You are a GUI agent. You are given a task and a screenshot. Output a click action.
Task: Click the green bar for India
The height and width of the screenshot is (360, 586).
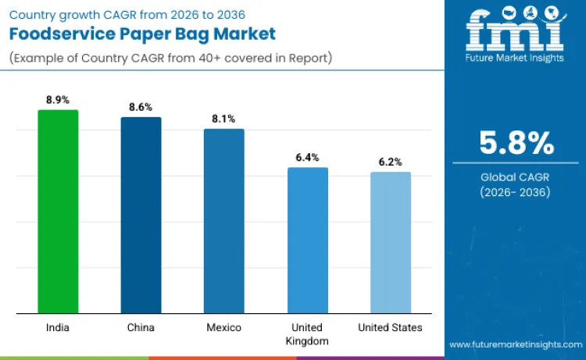pyautogui.click(x=58, y=212)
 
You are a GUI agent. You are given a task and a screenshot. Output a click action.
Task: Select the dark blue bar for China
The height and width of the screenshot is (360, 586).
pyautogui.click(x=141, y=216)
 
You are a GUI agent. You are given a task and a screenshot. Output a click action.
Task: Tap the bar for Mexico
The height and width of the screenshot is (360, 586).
pyautogui.click(x=223, y=221)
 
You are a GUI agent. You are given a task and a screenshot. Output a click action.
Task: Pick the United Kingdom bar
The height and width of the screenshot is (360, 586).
pyautogui.click(x=307, y=241)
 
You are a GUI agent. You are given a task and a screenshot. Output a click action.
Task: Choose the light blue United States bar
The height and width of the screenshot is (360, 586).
pyautogui.click(x=391, y=243)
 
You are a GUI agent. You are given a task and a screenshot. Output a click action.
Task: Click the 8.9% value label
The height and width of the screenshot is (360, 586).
pyautogui.click(x=58, y=100)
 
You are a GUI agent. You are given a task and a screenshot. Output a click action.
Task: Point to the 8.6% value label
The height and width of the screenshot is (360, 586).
pyautogui.click(x=141, y=107)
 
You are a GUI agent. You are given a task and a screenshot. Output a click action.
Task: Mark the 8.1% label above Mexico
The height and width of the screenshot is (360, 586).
pyautogui.click(x=223, y=119)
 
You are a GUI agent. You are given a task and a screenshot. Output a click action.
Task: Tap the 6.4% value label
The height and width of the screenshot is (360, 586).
pyautogui.click(x=307, y=157)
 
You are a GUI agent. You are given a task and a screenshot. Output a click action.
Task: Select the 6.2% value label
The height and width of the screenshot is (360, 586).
pyautogui.click(x=391, y=162)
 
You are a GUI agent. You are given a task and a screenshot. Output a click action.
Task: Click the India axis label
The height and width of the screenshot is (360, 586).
pyautogui.click(x=58, y=327)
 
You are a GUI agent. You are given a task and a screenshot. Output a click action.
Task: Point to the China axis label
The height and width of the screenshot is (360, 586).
pyautogui.click(x=141, y=327)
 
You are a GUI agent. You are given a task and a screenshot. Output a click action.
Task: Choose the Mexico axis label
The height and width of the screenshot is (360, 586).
pyautogui.click(x=223, y=327)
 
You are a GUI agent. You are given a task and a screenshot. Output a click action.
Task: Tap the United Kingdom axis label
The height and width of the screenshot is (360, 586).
pyautogui.click(x=307, y=333)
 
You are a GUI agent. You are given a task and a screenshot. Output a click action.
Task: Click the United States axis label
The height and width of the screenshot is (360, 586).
pyautogui.click(x=391, y=327)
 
